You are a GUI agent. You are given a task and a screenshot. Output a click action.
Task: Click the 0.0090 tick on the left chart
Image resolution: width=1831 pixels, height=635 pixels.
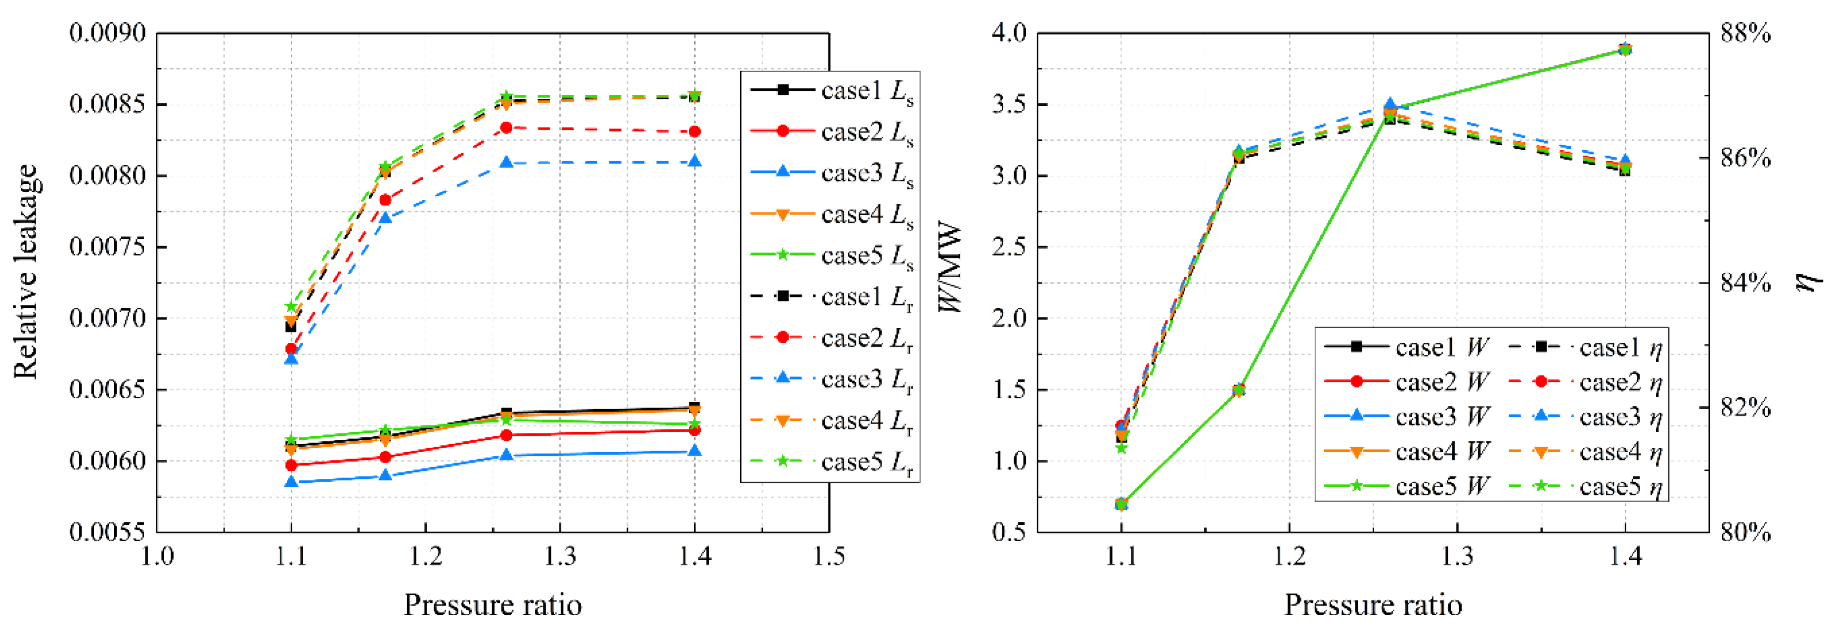107,33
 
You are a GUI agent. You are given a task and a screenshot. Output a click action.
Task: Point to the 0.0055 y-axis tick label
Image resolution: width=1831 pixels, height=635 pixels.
107,532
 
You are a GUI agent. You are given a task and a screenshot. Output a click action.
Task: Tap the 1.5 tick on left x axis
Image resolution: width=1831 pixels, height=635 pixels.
829,556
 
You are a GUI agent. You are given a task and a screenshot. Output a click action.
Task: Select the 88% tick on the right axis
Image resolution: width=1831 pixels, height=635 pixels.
1745,33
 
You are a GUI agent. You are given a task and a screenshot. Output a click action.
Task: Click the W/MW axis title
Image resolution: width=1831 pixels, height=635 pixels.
949,268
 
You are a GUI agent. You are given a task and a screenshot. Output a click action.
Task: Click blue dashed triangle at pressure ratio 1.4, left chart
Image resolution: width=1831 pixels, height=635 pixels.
694,162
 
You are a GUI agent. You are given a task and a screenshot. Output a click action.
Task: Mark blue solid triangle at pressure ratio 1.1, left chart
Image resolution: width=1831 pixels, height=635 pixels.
291,482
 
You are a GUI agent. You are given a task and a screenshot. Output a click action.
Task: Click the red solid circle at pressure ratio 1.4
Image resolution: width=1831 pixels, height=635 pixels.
694,430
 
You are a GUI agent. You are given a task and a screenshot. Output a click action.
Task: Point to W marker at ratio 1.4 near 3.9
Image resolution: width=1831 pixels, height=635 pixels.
1624,49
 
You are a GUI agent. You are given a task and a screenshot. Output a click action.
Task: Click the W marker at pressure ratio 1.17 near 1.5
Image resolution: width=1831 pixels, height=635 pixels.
1238,390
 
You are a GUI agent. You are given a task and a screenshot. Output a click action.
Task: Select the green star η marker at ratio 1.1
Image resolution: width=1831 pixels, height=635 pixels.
1121,448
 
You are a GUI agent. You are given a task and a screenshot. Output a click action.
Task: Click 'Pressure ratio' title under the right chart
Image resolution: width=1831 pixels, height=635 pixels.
1373,605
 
